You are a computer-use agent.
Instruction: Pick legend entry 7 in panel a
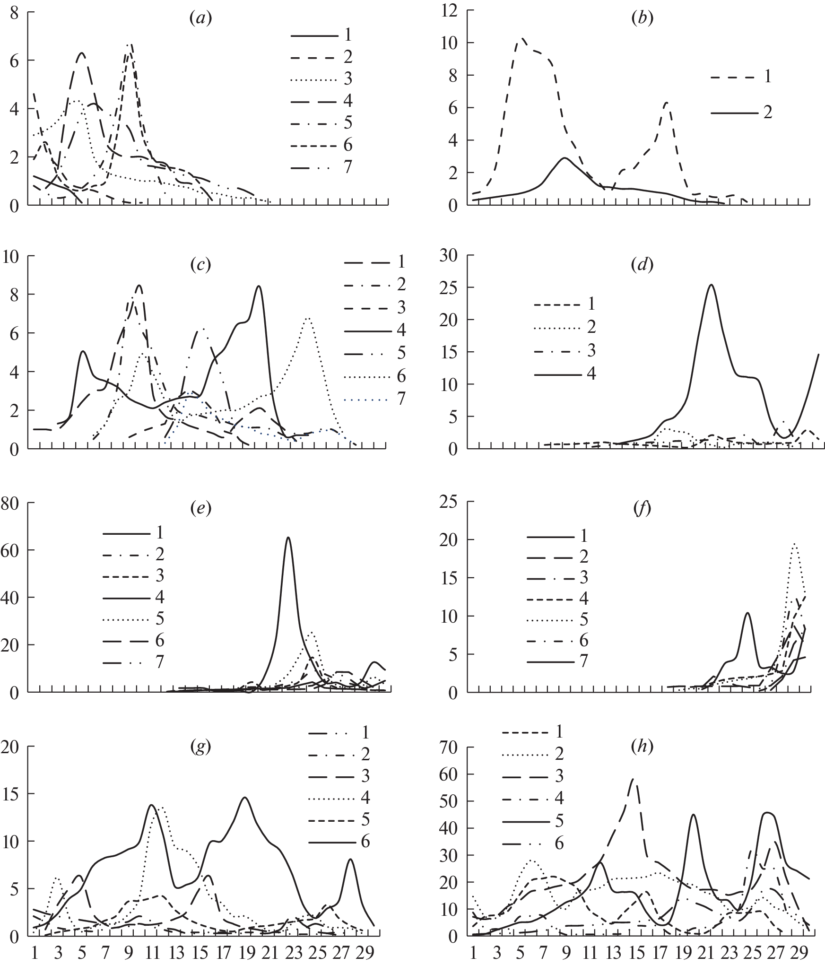(x=347, y=167)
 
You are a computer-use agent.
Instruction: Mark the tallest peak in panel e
(x=288, y=538)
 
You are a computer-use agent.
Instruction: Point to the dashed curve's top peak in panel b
(x=522, y=39)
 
